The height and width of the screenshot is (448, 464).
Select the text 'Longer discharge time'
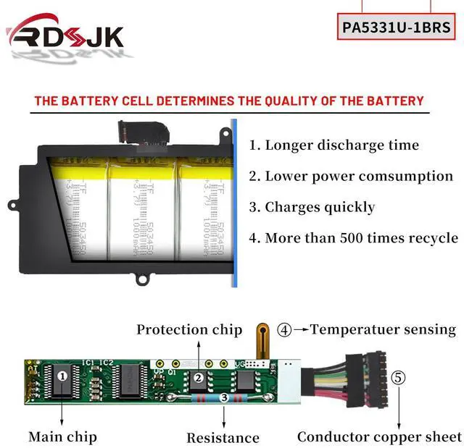(334, 145)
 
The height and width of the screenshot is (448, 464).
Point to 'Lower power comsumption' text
(351, 176)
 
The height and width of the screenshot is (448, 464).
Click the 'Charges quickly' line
(312, 207)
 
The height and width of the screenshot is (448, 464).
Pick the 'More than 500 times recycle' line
(353, 237)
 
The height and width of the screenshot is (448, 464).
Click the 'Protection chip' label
(189, 329)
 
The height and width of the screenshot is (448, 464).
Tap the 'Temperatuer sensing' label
(383, 329)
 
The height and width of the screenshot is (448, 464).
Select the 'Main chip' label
(62, 436)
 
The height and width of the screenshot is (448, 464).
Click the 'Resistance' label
(223, 437)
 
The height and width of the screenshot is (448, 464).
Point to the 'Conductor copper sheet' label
(379, 436)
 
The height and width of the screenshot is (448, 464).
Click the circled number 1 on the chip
(62, 376)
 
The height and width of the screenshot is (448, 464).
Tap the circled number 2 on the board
(198, 376)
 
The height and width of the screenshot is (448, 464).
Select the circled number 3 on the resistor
(224, 397)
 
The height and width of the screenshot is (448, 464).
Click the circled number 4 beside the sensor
(285, 330)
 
